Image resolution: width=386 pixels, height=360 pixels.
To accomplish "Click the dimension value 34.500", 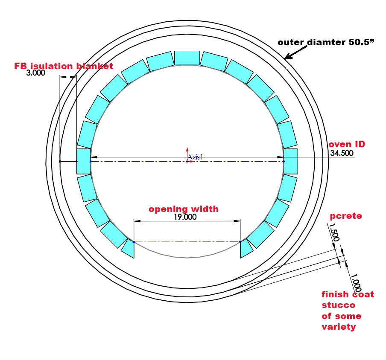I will coord(342,154).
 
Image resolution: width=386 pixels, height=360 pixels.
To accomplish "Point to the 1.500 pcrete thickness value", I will coord(335,232).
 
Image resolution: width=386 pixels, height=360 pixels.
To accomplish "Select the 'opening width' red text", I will coord(184,209).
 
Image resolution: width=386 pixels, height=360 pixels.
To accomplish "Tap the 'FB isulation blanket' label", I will coord(64,66).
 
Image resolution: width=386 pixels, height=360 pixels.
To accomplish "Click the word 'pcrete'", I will coord(346,216).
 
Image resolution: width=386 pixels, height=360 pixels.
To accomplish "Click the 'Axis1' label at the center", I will coord(195,157).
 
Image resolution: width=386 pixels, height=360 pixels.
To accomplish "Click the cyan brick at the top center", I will coord(187,58).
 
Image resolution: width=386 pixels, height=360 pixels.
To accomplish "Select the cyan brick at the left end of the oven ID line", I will coord(83,161).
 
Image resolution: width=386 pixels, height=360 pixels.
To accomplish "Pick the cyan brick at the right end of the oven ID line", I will coord(291,161).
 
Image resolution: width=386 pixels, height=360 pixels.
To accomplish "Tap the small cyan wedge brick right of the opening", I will coord(246,249).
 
